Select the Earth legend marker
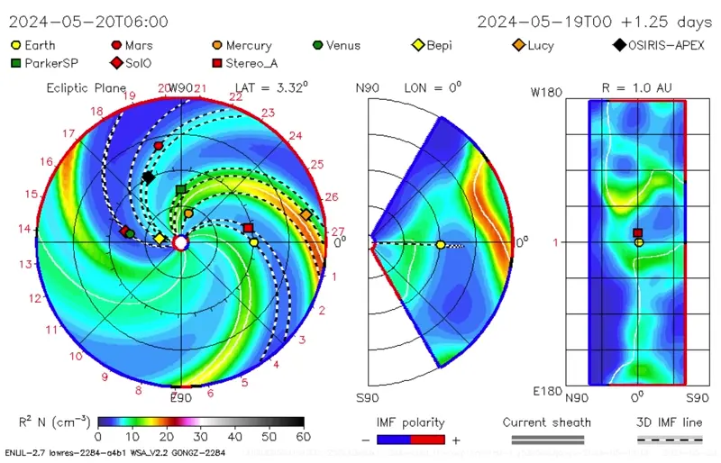[x=16, y=45]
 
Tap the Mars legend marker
[x=115, y=45]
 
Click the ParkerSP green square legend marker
[x=16, y=62]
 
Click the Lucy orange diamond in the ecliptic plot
[x=306, y=214]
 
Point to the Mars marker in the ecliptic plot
[x=159, y=145]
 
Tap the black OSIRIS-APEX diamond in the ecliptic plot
[x=148, y=177]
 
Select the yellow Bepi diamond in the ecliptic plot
[x=160, y=239]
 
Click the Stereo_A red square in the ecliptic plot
[x=248, y=228]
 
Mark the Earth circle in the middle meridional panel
[x=440, y=244]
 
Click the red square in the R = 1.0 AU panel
[x=638, y=233]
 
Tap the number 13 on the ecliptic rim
[x=26, y=264]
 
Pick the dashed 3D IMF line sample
[x=670, y=440]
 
